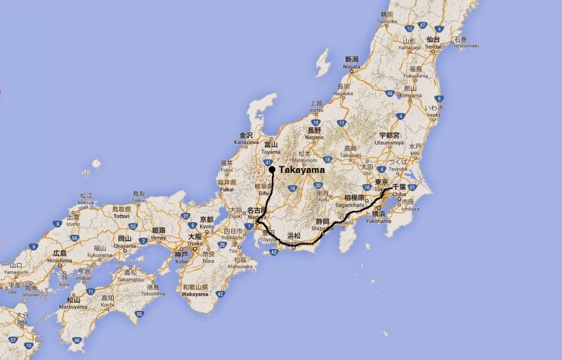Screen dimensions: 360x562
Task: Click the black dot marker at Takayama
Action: coord(272,169)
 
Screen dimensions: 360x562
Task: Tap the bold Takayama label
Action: coord(302,170)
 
